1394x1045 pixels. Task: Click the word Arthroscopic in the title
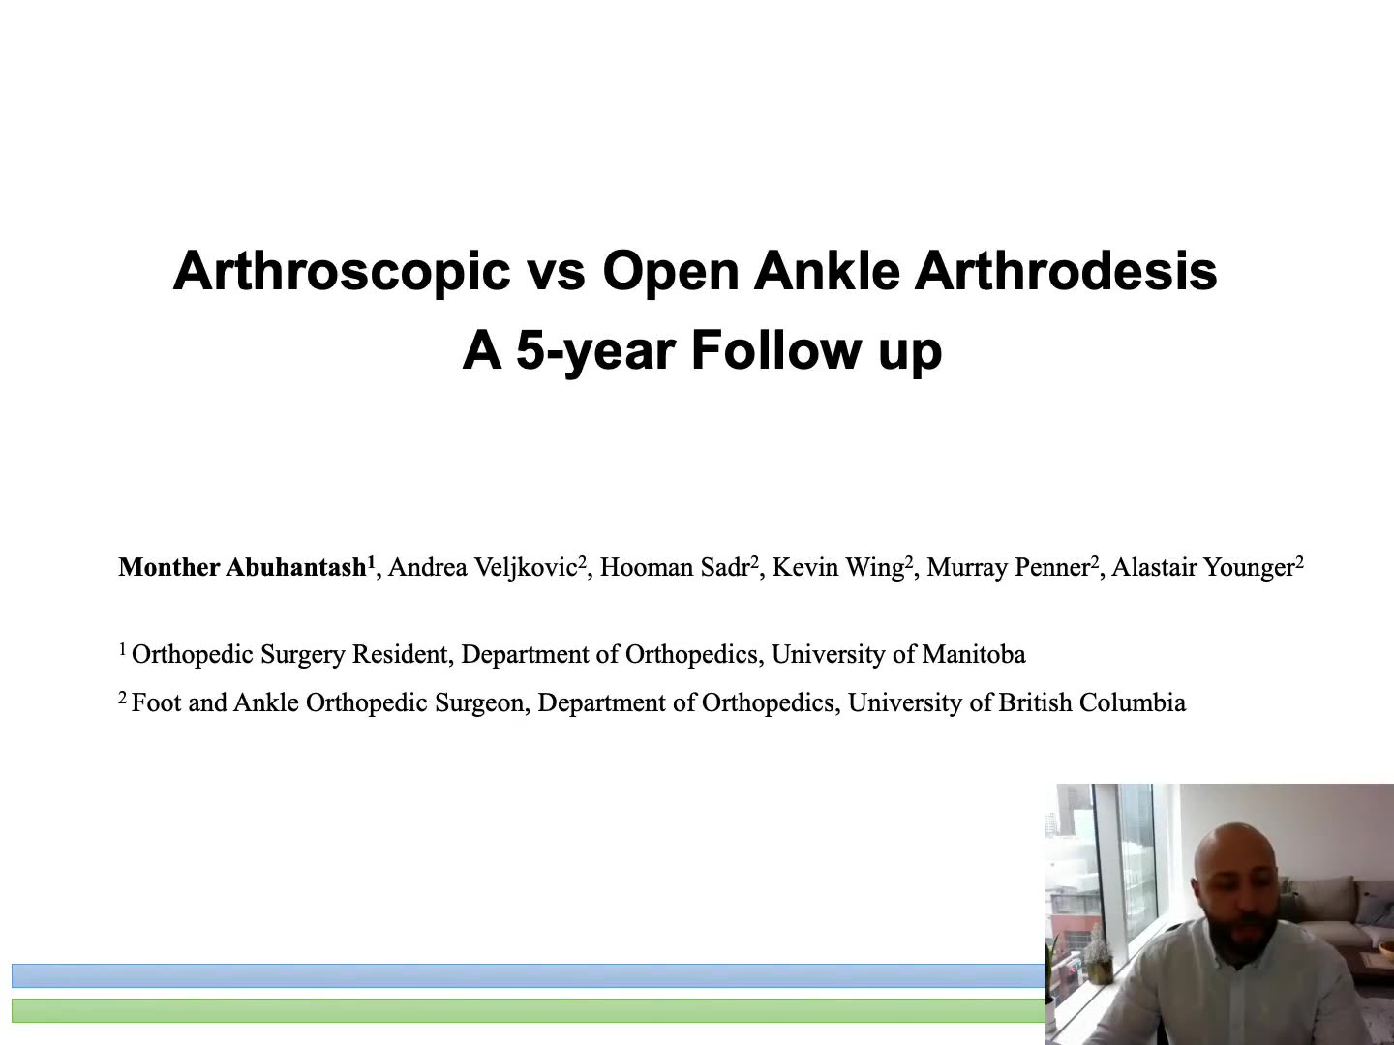pyautogui.click(x=342, y=272)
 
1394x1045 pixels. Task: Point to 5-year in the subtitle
pyautogui.click(x=595, y=351)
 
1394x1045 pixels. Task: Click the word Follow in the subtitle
pyautogui.click(x=776, y=349)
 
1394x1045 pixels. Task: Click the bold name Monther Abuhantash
pyautogui.click(x=243, y=567)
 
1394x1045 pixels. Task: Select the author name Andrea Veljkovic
pyautogui.click(x=483, y=568)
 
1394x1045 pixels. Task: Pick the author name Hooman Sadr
pyautogui.click(x=675, y=567)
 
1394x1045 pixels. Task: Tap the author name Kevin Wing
pyautogui.click(x=838, y=568)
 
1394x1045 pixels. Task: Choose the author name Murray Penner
pyautogui.click(x=1009, y=568)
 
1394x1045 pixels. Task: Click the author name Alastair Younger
pyautogui.click(x=1203, y=568)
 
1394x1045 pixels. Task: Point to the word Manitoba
pyautogui.click(x=974, y=654)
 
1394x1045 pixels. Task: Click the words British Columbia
pyautogui.click(x=1092, y=702)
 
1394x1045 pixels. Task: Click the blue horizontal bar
pyautogui.click(x=529, y=976)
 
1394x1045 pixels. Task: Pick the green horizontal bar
pyautogui.click(x=529, y=1011)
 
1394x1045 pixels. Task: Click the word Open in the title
pyautogui.click(x=671, y=273)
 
